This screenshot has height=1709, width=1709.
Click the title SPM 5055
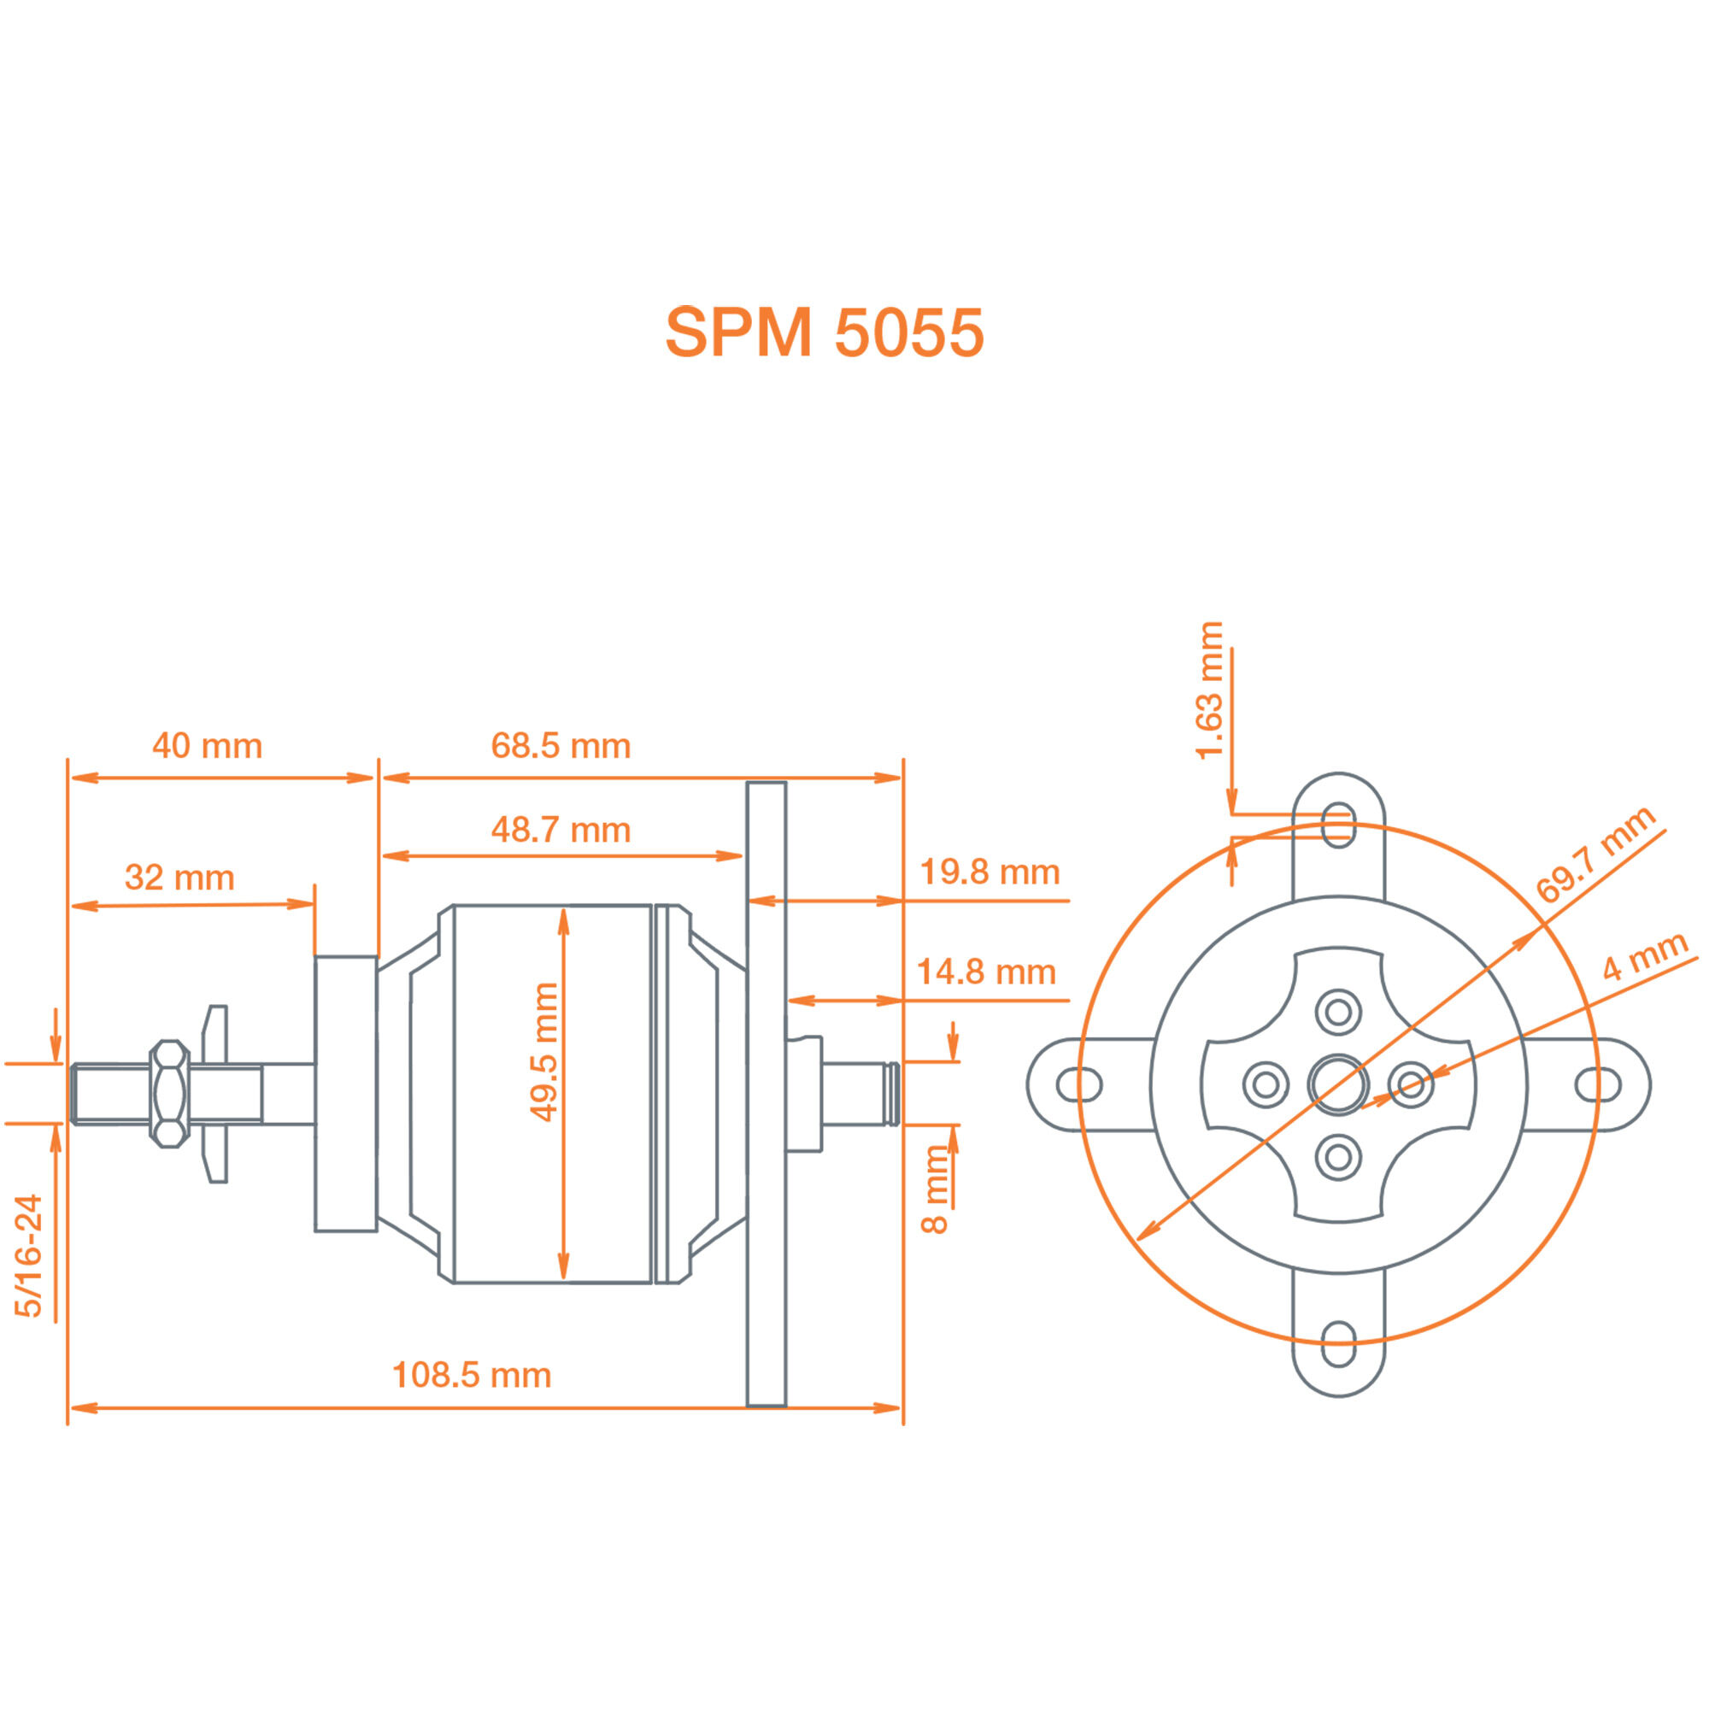click(x=824, y=332)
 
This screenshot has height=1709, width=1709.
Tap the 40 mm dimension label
click(x=207, y=746)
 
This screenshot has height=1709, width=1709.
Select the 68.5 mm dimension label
click(x=561, y=746)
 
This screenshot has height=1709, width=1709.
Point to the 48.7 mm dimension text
click(x=561, y=830)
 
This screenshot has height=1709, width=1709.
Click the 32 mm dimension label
click(x=179, y=878)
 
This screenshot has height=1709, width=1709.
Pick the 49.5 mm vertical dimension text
click(x=543, y=1053)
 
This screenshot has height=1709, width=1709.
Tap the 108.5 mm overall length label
click(x=472, y=1375)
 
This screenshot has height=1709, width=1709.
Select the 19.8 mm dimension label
click(x=990, y=872)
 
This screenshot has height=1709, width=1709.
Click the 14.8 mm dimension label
click(x=986, y=972)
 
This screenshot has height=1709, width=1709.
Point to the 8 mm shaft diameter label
click(x=935, y=1189)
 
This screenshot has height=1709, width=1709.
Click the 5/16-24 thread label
click(x=28, y=1256)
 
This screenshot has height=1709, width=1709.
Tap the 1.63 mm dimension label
click(x=1208, y=690)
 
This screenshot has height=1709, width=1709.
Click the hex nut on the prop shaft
click(x=169, y=1095)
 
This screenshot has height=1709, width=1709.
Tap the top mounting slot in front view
click(x=1338, y=825)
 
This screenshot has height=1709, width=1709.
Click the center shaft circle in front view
click(x=1338, y=1084)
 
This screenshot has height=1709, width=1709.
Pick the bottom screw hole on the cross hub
click(x=1338, y=1157)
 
